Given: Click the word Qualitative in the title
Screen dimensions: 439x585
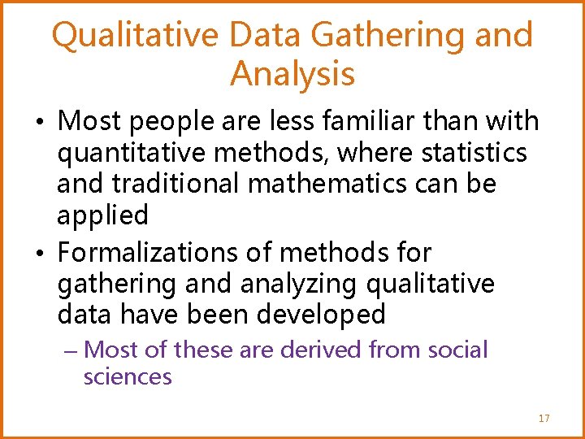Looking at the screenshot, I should coord(135,36).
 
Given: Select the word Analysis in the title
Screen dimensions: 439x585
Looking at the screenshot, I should coord(292,74).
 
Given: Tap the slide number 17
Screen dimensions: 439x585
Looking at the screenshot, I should coord(544,419).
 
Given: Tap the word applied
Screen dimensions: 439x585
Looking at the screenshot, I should coord(102,216).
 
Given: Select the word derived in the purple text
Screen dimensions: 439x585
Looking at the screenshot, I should coord(321,350).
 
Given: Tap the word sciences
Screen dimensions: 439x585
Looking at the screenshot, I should coord(128,377).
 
